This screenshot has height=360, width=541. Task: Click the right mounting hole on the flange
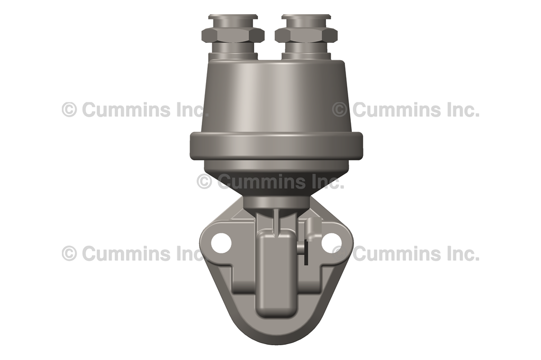pyautogui.click(x=331, y=243)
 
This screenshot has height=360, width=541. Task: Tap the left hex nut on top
pyautogui.click(x=232, y=35)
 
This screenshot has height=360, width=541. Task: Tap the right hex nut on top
pyautogui.click(x=306, y=35)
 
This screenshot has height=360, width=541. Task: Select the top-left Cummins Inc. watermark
pyautogui.click(x=135, y=110)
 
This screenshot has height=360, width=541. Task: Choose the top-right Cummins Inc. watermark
pyautogui.click(x=406, y=110)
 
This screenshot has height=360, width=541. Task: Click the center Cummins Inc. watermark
pyautogui.click(x=270, y=182)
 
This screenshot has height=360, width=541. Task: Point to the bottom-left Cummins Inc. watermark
pyautogui.click(x=135, y=253)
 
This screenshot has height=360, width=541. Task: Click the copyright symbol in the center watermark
pyautogui.click(x=204, y=182)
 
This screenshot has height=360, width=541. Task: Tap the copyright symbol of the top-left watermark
pyautogui.click(x=69, y=110)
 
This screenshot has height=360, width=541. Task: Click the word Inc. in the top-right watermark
pyautogui.click(x=461, y=110)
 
